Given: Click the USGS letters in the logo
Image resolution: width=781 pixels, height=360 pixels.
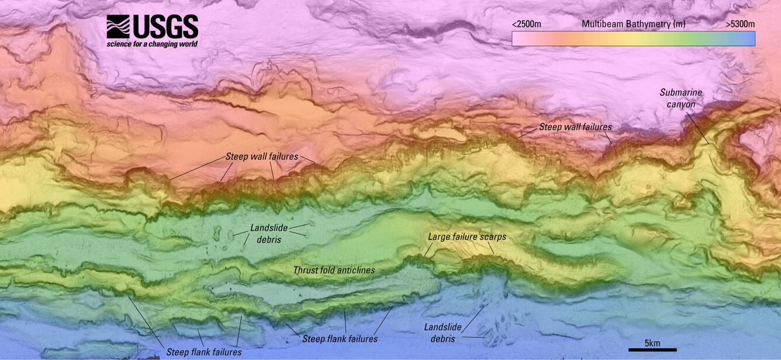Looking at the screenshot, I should coord(165,27).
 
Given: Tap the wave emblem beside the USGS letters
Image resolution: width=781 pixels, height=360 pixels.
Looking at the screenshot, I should coord(118,27).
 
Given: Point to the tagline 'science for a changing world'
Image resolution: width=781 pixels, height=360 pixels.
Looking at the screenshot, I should coord(152,44).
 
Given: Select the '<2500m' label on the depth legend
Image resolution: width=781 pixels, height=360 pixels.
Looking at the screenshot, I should coord(526,24).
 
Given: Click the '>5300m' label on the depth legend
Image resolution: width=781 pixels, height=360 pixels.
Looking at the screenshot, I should coord(740,24).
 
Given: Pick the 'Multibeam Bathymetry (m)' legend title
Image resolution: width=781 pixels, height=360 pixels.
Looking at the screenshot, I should coord(633,24).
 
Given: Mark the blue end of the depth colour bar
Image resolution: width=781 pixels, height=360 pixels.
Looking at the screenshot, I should coord(745,39).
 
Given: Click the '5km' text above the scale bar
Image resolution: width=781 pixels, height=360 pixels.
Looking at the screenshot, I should coord(652,343).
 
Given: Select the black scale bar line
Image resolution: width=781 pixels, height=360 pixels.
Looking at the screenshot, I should coord(652,350).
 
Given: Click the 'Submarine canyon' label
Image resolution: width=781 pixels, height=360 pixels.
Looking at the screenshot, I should coord(680,98).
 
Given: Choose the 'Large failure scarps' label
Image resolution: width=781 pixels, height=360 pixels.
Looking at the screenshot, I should coord(466,237).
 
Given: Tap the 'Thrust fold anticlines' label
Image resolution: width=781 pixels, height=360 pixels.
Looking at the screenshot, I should coord(334,270).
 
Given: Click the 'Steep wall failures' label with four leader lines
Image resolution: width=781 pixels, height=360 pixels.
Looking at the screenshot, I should coord(262,157).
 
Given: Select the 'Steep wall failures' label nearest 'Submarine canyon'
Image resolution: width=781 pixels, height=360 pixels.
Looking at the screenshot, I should coord(575,127).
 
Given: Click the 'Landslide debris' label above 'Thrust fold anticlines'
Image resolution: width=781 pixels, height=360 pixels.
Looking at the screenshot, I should coord(265,234).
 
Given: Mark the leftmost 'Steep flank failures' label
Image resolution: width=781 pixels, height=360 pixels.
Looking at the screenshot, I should coord(204,352).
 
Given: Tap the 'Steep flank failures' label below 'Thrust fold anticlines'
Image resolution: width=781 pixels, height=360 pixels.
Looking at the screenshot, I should coord(340,339).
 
